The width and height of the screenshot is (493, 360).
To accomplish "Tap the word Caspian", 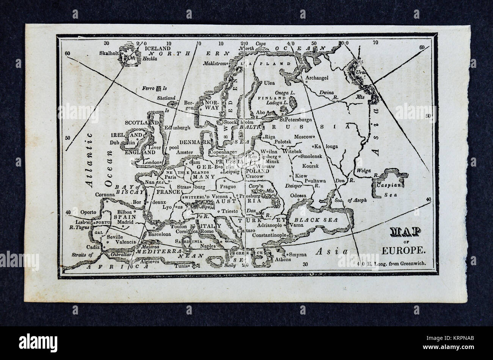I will [387, 186].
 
